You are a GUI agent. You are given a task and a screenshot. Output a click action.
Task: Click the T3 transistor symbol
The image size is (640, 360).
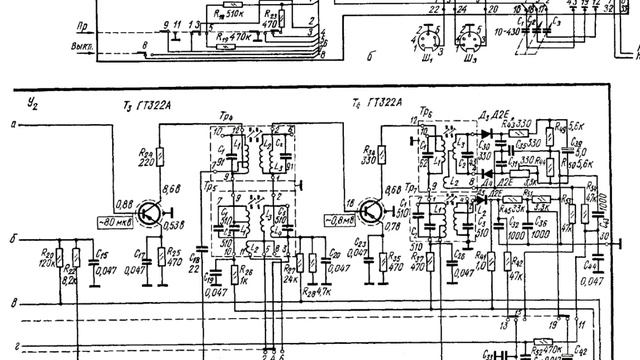click(x=150, y=213)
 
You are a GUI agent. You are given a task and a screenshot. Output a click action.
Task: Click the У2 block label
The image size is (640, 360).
click(x=33, y=102)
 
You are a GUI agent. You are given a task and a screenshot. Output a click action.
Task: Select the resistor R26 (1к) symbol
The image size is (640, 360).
click(x=236, y=273)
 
